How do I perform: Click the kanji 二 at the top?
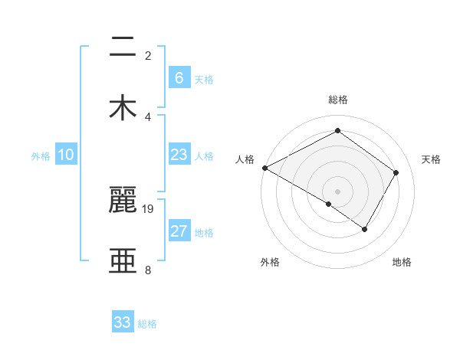click(123, 48)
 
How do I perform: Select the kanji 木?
click(123, 108)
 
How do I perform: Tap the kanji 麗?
click(123, 201)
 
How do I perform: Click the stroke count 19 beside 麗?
click(148, 209)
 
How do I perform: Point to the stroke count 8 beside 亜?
click(148, 270)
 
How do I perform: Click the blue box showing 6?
click(179, 78)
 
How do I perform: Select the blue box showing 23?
click(179, 155)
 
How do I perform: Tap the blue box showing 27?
click(179, 231)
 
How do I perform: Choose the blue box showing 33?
click(123, 322)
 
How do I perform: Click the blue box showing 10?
click(66, 155)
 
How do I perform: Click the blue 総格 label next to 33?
click(147, 324)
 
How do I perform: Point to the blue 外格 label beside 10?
click(41, 156)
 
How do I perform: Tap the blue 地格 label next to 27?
click(204, 233)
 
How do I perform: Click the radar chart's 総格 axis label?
click(338, 100)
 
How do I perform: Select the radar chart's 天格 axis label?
click(432, 159)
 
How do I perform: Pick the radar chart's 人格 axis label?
click(245, 159)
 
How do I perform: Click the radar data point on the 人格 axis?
click(264, 168)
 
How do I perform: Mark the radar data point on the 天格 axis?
click(396, 172)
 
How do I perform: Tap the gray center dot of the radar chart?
click(338, 191)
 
